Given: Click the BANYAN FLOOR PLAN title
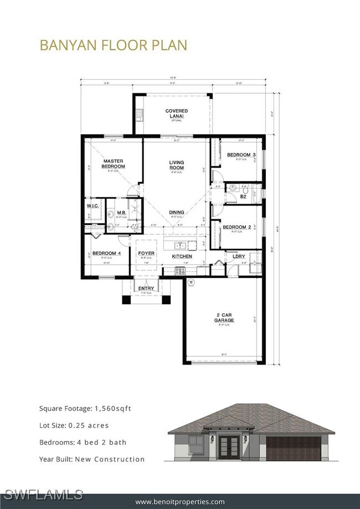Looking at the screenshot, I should tap(113, 45).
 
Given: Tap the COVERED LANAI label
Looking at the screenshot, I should tap(176, 114).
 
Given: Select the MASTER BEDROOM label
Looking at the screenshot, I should tap(114, 163).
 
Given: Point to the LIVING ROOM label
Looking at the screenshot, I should tap(176, 165).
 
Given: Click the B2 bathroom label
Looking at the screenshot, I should tap(242, 196).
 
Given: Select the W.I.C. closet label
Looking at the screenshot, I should tap(92, 206).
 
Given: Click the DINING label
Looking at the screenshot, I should tap(177, 212).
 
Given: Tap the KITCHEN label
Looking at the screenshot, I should tap(182, 256).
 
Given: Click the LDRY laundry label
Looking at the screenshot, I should tap(239, 256).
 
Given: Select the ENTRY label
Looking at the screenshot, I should tap(146, 289).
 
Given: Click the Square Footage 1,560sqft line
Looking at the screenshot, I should tap(85, 409).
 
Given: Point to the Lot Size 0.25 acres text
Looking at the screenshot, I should tap(74, 425).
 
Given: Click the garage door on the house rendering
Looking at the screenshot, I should tap(293, 449).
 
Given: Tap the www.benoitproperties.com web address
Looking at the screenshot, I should tap(180, 502).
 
